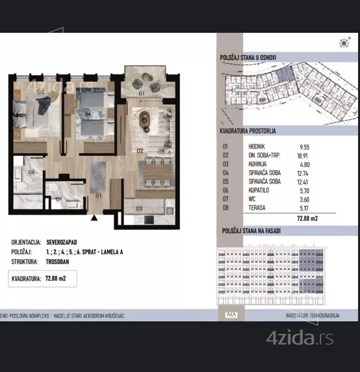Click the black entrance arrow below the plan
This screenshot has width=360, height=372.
[x=94, y=218]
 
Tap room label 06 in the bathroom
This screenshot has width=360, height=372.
[x=31, y=172]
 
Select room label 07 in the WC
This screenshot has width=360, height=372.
[x=59, y=199]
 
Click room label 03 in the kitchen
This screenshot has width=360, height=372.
[x=139, y=208]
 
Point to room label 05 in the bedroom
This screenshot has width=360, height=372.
[x=41, y=91]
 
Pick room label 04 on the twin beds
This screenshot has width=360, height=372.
[x=87, y=114]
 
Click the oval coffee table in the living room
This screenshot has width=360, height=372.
[x=144, y=119]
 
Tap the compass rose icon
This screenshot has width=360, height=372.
[x=344, y=43]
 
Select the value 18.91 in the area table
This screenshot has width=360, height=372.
[x=303, y=156]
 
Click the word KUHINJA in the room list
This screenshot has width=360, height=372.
[x=258, y=164]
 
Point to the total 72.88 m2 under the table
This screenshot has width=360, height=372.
[x=307, y=218]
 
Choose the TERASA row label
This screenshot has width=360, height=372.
[x=257, y=208]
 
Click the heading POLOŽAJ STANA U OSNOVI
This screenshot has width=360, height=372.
[x=248, y=57]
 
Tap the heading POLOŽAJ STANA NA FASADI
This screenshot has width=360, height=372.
[x=251, y=231]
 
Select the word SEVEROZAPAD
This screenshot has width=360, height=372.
[x=62, y=242]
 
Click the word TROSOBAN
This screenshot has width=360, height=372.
[x=57, y=262]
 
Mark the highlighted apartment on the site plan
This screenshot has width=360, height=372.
[x=285, y=74]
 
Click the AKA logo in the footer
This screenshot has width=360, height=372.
[x=231, y=315]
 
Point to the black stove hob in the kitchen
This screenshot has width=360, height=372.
[x=149, y=220]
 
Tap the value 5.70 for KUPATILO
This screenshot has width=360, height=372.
[x=305, y=191]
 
